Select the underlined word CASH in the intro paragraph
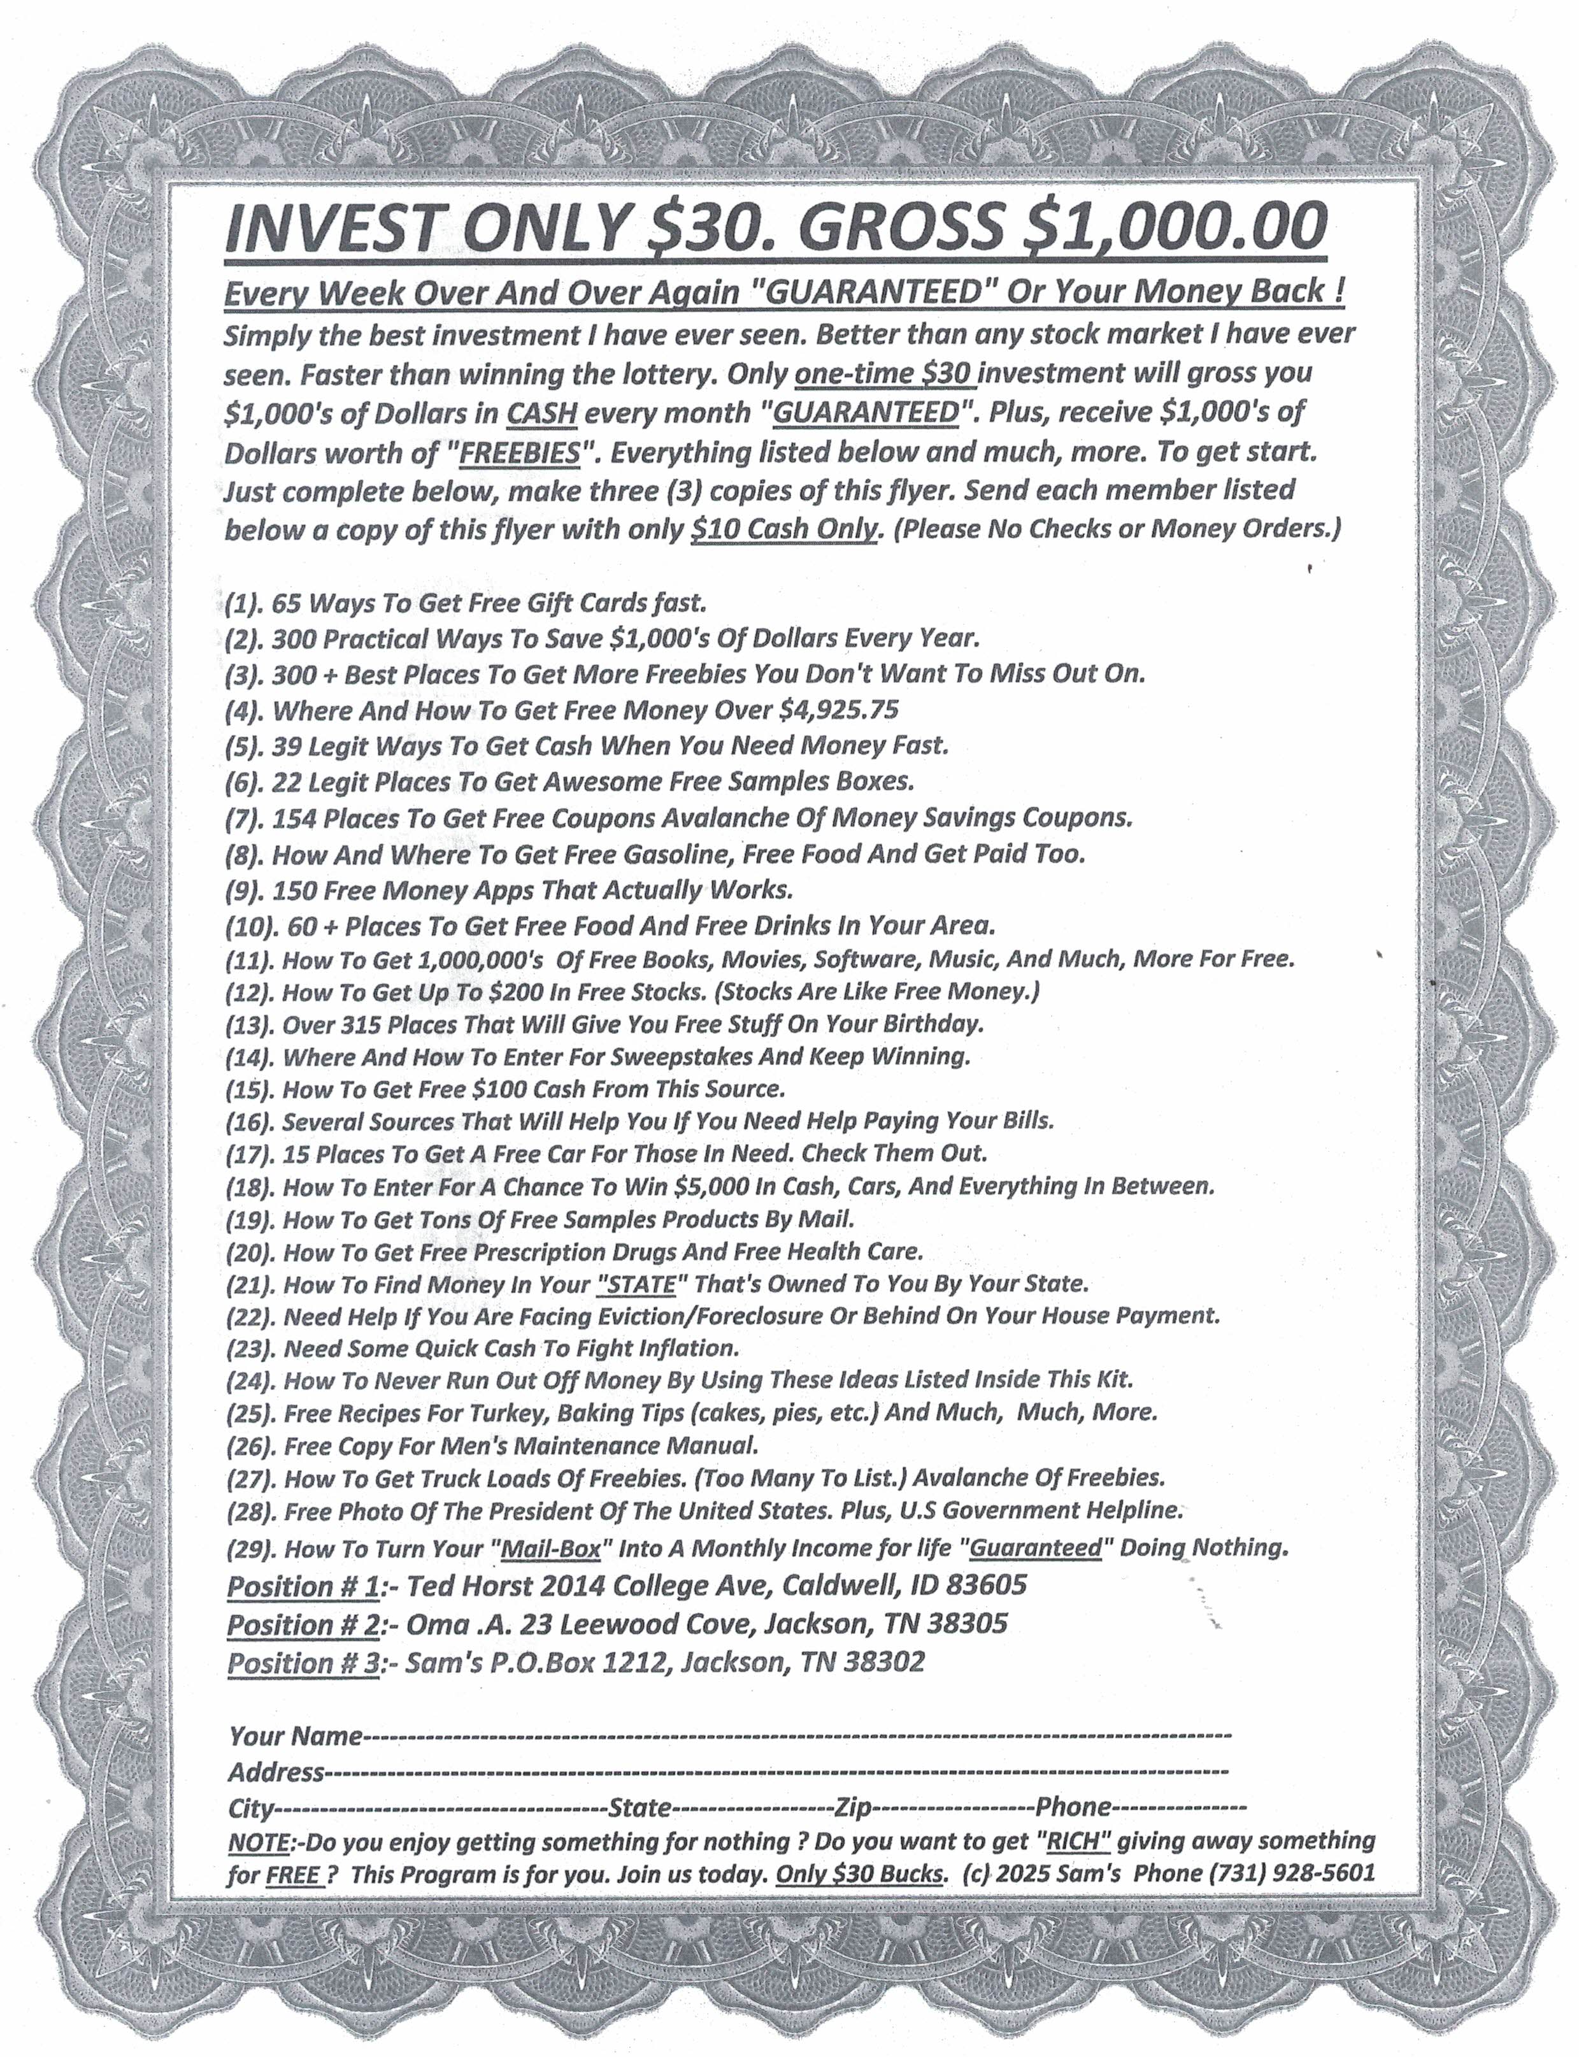(x=541, y=413)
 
